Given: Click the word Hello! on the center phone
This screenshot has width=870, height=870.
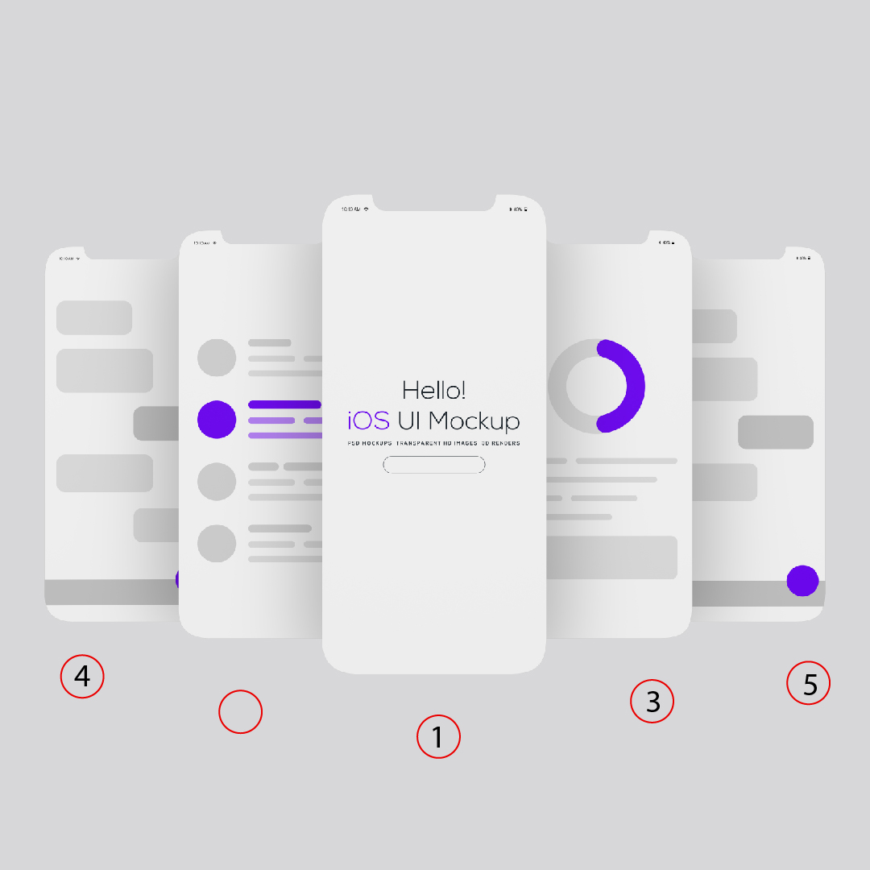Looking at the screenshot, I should tap(433, 391).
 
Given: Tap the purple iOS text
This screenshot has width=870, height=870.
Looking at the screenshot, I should tap(369, 420).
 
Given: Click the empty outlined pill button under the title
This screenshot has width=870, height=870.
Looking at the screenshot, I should tap(433, 465).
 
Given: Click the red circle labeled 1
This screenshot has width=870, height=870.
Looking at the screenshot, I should tap(438, 736).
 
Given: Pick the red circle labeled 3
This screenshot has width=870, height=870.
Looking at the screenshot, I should tap(652, 702).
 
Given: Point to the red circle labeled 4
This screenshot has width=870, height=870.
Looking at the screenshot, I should tap(82, 677).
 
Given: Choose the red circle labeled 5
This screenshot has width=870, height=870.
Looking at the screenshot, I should tap(808, 684).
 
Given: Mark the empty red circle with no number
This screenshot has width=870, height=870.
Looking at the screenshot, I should tap(241, 711).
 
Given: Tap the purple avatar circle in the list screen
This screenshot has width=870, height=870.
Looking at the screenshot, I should tap(217, 419).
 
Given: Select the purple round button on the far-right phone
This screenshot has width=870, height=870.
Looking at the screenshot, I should tap(802, 581).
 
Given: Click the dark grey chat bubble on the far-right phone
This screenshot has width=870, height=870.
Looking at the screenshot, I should tap(775, 432).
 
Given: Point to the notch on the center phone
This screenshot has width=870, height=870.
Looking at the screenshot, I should tap(433, 202).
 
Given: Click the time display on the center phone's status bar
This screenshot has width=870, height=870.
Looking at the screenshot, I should tap(351, 209).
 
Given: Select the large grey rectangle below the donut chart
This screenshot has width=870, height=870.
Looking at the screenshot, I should tap(611, 557).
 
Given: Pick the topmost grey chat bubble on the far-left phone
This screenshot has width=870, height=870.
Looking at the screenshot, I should tap(94, 317).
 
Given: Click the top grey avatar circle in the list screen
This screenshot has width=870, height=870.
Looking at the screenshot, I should tap(217, 357).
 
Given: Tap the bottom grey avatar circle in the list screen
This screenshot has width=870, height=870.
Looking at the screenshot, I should tap(217, 543).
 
